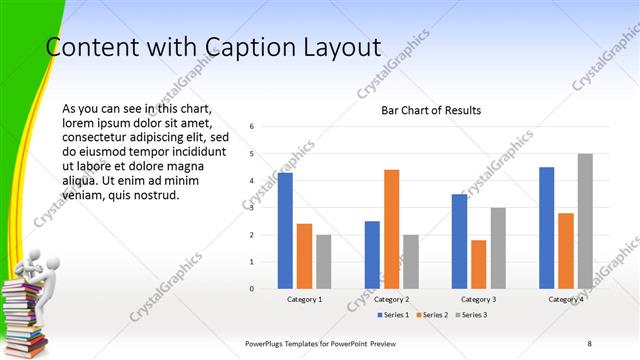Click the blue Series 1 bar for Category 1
pyautogui.click(x=285, y=231)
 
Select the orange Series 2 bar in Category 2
pyautogui.click(x=391, y=229)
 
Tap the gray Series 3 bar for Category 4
pyautogui.click(x=585, y=221)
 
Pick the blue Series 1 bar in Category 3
pyautogui.click(x=459, y=241)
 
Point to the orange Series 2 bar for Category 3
pyautogui.click(x=478, y=264)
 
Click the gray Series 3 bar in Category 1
pyautogui.click(x=323, y=262)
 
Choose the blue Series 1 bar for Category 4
pyautogui.click(x=546, y=228)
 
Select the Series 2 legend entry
pyautogui.click(x=433, y=315)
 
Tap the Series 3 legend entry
pyautogui.click(x=471, y=315)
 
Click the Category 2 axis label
pyautogui.click(x=391, y=299)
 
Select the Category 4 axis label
pyautogui.click(x=566, y=299)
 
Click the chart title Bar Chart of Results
pyautogui.click(x=431, y=110)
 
